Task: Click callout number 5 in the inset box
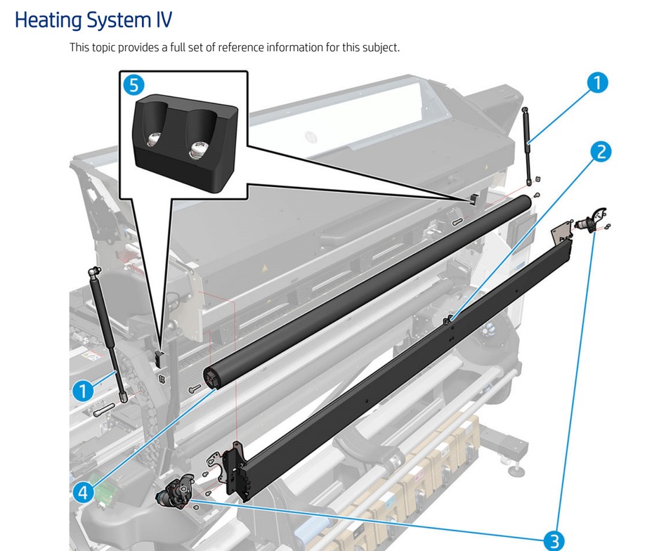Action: [133, 85]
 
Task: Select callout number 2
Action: [599, 151]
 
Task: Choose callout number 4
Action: [83, 492]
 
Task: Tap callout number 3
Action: [554, 540]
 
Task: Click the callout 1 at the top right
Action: [596, 83]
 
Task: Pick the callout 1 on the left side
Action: [83, 391]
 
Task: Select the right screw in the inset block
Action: [198, 148]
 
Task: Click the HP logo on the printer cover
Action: [311, 136]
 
